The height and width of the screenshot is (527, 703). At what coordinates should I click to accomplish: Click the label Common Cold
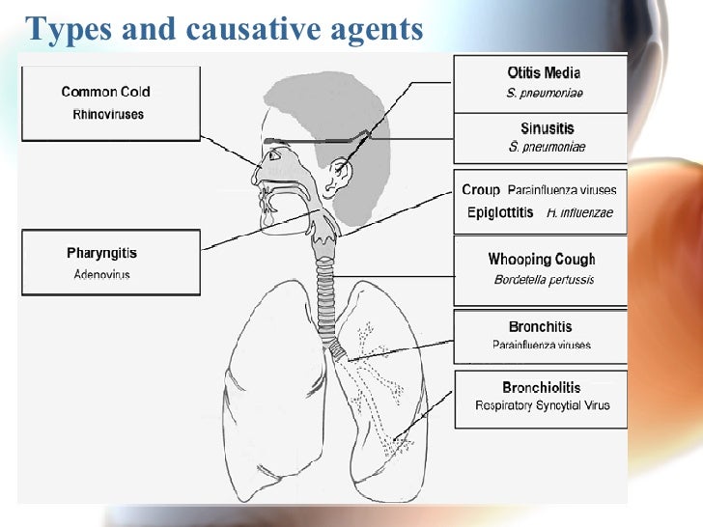click(105, 93)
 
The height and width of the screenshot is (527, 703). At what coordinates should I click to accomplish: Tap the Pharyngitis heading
click(101, 254)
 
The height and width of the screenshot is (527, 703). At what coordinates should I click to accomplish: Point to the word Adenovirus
click(101, 274)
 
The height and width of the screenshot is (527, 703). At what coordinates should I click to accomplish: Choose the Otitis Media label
click(544, 72)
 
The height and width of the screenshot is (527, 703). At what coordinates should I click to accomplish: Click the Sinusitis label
click(546, 127)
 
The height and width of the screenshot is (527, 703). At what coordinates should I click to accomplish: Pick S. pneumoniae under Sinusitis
click(546, 148)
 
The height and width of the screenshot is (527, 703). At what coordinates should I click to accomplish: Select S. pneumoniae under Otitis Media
click(544, 94)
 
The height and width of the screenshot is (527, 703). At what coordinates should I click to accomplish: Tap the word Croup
click(480, 190)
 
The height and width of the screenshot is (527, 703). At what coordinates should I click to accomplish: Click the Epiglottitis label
click(499, 212)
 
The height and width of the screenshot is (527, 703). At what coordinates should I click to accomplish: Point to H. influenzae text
click(578, 213)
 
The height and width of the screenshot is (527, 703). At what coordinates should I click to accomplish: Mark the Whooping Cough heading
click(541, 259)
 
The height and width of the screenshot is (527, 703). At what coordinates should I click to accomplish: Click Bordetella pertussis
click(543, 280)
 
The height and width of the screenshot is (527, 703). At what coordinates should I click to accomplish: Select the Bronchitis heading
click(542, 327)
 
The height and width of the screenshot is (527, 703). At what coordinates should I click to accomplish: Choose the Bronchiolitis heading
click(541, 388)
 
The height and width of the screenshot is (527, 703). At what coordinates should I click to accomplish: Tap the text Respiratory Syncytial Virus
click(542, 405)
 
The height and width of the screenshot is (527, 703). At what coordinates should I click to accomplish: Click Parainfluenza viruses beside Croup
click(561, 190)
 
